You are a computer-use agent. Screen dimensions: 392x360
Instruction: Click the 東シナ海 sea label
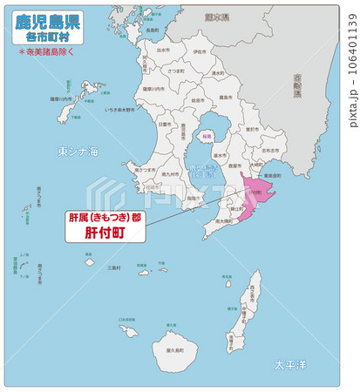coord(78,152)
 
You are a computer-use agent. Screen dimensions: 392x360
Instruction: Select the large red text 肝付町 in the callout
coord(107,233)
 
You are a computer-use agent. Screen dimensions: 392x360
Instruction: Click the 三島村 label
coord(113,268)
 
